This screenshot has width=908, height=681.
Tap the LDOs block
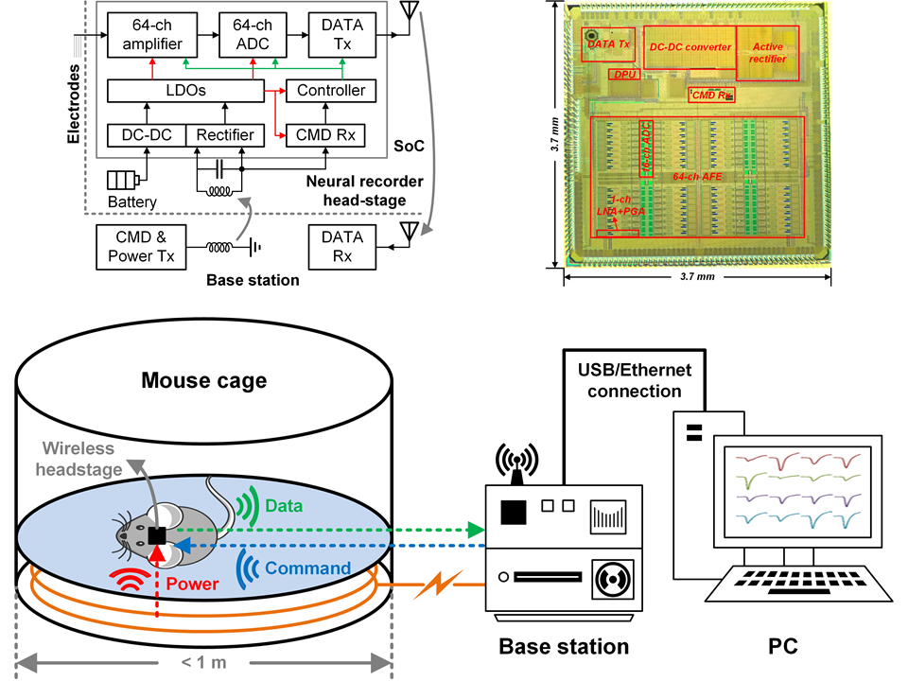pos(183,91)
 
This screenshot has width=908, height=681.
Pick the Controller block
pos(331,91)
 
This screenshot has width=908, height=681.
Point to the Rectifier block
pos(225,136)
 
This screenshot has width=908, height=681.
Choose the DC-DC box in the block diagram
pos(147,136)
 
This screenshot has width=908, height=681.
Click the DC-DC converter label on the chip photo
pos(690,45)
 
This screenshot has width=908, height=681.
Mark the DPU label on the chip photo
pos(623,74)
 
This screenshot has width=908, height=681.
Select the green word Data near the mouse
pos(283,506)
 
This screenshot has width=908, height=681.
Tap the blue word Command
pos(306,569)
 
